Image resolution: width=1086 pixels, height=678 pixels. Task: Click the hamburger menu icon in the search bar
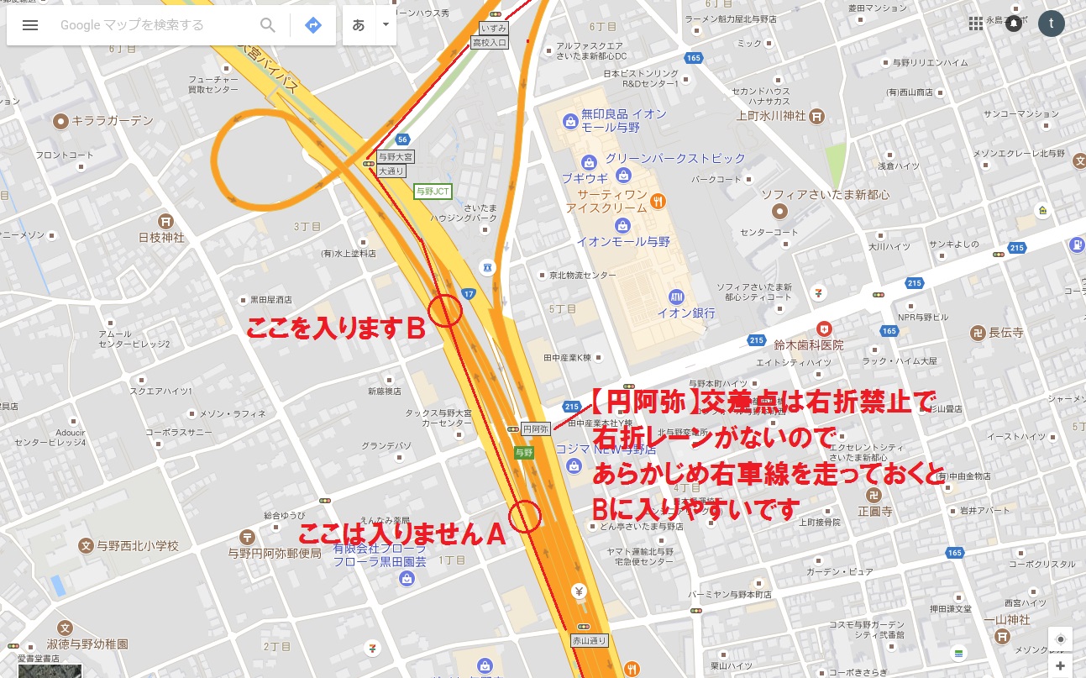click(30, 25)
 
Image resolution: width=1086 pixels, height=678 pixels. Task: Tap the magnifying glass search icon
click(268, 25)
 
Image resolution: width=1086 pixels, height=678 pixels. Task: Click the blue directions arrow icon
click(313, 25)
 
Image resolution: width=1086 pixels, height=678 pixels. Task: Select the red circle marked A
click(525, 516)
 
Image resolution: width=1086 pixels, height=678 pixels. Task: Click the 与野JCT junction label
click(433, 192)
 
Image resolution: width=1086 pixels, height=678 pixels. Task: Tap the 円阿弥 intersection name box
click(536, 428)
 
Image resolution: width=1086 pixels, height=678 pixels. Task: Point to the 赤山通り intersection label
click(588, 640)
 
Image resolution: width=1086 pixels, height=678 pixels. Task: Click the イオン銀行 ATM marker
click(677, 297)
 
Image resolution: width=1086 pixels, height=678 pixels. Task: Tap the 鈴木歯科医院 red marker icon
click(825, 328)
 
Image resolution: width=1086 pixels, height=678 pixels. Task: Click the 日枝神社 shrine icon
click(166, 221)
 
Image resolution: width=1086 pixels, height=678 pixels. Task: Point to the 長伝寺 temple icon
click(977, 332)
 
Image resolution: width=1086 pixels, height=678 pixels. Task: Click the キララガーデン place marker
click(60, 122)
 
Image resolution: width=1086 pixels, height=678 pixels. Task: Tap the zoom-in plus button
click(1061, 665)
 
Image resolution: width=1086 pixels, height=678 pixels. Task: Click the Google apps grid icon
click(975, 24)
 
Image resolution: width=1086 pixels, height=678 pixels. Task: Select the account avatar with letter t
click(1051, 24)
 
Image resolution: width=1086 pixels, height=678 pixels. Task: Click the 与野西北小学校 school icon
click(85, 546)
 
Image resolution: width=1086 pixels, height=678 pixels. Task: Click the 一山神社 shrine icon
click(1001, 637)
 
